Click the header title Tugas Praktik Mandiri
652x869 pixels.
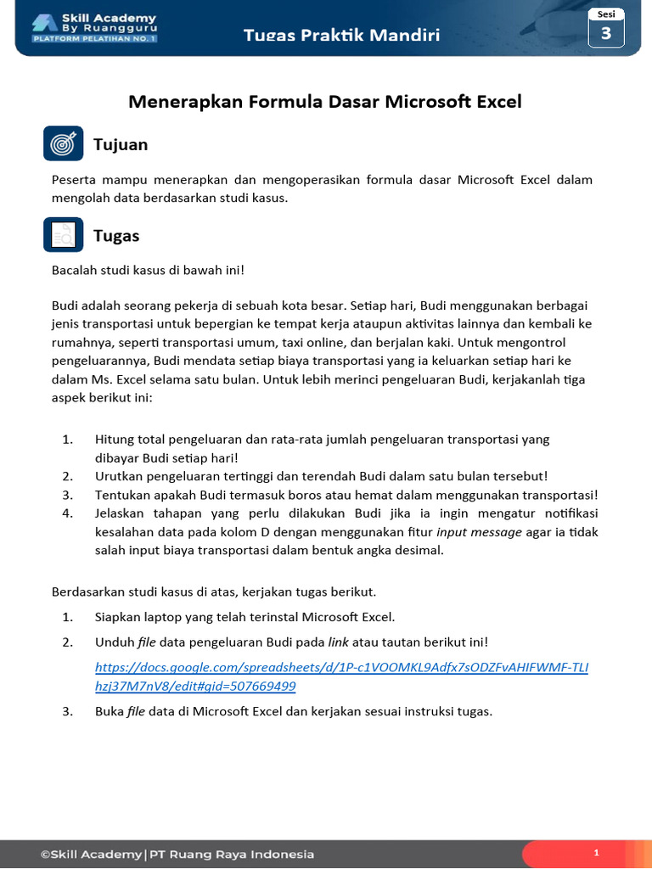[341, 35]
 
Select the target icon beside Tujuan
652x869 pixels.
[63, 144]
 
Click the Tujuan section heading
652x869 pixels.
[121, 145]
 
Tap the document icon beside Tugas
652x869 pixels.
[63, 235]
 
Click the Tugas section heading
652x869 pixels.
[116, 236]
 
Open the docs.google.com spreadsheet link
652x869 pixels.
[341, 676]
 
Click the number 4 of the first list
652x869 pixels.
[67, 513]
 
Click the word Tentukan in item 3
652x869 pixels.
[122, 495]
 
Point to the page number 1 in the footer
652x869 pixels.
[597, 853]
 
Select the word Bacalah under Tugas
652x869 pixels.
[75, 271]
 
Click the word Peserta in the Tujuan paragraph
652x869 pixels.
[74, 180]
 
